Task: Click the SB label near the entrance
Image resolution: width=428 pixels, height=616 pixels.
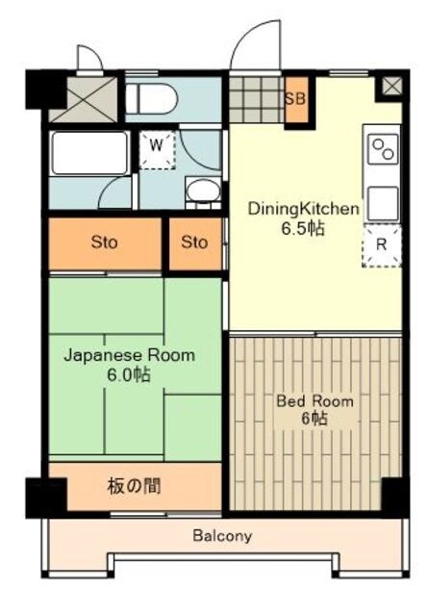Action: [x=296, y=99]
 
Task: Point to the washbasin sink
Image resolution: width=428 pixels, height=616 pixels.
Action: [x=202, y=189]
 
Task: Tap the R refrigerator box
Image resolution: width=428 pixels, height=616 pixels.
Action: [x=381, y=245]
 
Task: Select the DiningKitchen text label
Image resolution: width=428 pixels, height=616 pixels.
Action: [x=304, y=208]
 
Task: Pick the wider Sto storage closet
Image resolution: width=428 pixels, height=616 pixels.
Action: [x=105, y=243]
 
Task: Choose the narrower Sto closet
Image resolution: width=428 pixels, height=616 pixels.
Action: [x=194, y=243]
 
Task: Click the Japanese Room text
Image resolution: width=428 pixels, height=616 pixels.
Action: [x=129, y=355]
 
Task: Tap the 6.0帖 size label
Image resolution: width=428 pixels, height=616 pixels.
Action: [x=129, y=374]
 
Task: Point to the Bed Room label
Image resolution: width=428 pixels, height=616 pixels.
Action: [x=315, y=400]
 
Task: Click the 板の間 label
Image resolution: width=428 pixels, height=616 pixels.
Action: [x=134, y=486]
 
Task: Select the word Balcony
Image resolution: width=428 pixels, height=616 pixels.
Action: [x=221, y=536]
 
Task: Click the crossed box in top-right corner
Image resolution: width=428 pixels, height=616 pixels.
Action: [x=391, y=86]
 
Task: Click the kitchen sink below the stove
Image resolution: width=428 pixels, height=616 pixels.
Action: [x=382, y=201]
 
